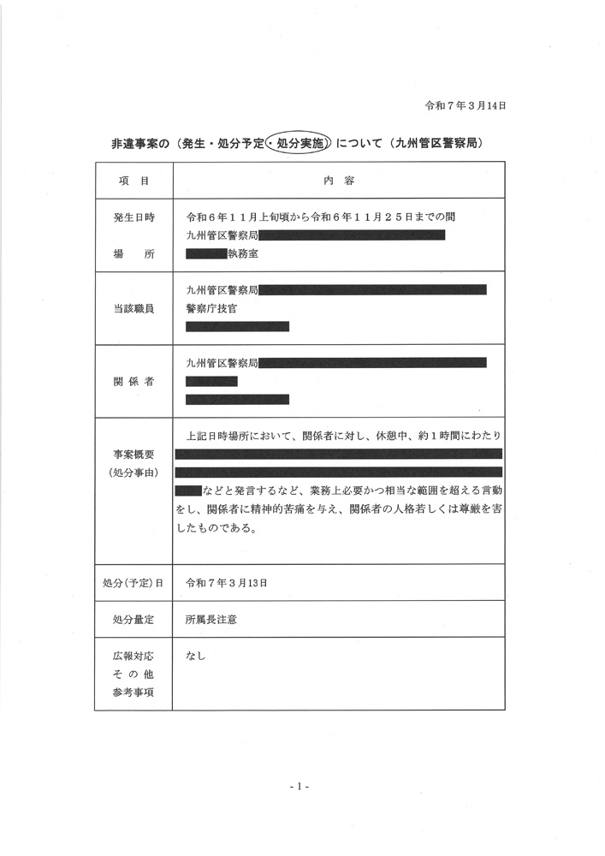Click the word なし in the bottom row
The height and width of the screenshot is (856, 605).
(x=196, y=657)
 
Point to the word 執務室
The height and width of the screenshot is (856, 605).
(x=242, y=253)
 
